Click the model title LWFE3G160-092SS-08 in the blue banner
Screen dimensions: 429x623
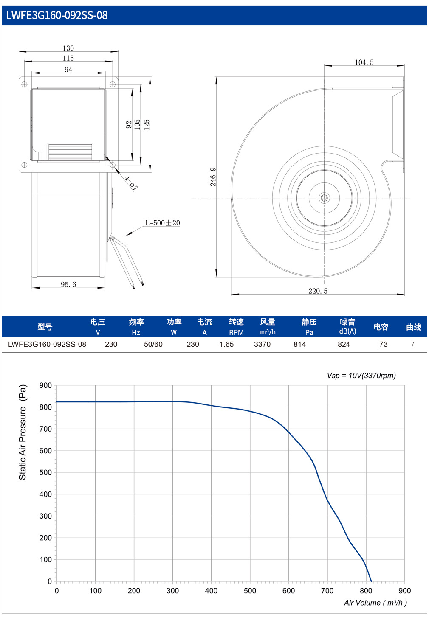(x=57, y=15)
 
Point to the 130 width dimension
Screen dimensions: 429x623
(x=68, y=48)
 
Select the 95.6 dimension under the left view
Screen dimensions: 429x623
(x=68, y=284)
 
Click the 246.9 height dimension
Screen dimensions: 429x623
(x=213, y=177)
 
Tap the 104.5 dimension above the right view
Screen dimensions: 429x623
(x=364, y=62)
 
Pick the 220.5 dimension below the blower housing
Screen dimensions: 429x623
(x=318, y=291)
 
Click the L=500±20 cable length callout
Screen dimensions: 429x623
(x=163, y=223)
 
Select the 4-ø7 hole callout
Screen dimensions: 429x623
(x=131, y=183)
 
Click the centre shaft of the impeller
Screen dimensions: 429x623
(x=324, y=198)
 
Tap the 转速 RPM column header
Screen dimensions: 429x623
(x=236, y=327)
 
